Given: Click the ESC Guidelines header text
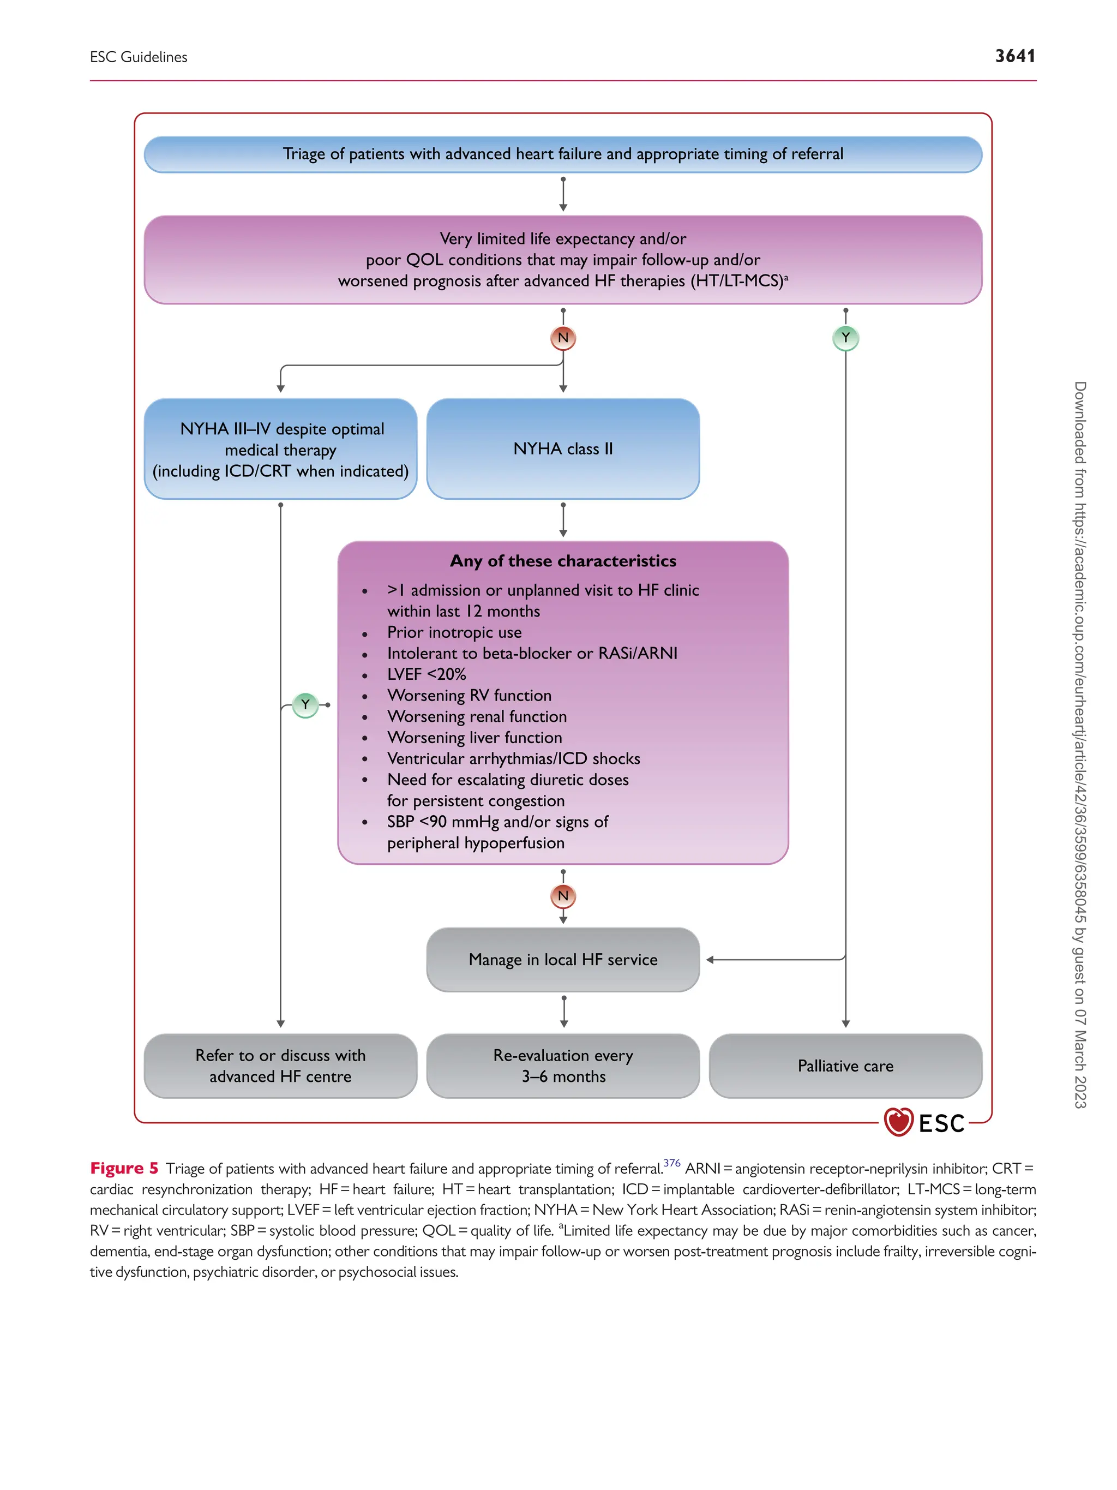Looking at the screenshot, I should (x=138, y=57).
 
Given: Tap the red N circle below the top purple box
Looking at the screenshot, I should (x=563, y=338).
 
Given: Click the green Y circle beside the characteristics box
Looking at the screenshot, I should (x=305, y=704).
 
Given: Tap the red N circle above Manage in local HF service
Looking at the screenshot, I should (x=563, y=896).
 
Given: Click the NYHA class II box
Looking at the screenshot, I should (x=563, y=448).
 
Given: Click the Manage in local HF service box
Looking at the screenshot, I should (x=563, y=959).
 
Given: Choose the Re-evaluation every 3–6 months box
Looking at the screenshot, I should (x=563, y=1066).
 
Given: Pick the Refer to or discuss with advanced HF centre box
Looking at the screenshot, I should (x=280, y=1066).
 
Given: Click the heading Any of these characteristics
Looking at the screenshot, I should (x=563, y=561).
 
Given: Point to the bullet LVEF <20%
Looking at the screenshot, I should (x=426, y=674).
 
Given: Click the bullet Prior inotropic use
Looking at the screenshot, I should (x=454, y=632).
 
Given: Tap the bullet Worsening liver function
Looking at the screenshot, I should (x=474, y=738).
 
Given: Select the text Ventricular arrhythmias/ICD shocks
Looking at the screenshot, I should (x=513, y=758).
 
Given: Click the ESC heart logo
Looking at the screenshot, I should (x=898, y=1122).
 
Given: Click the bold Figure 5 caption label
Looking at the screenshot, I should (x=124, y=1168).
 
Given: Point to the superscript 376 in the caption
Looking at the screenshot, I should (x=671, y=1163).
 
